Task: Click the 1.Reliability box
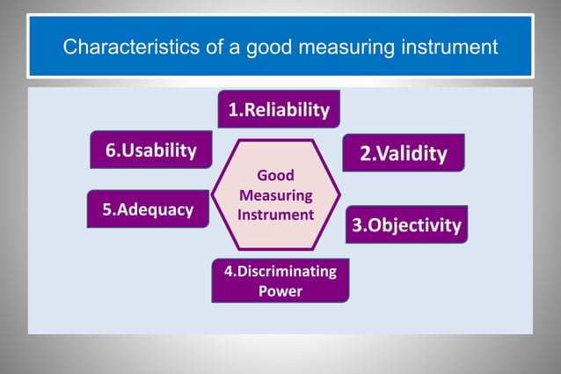click(279, 110)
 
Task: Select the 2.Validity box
click(403, 154)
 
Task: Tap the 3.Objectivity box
click(405, 225)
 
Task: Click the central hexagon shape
click(275, 194)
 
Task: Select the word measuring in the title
click(337, 46)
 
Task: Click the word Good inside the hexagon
click(275, 175)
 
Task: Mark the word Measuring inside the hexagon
click(275, 194)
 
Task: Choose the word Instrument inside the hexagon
click(275, 214)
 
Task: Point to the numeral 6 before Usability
click(111, 150)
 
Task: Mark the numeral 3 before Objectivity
click(357, 226)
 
